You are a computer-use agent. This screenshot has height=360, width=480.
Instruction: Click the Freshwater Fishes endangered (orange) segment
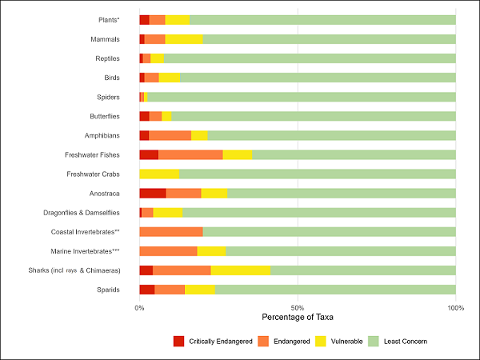[x=190, y=154]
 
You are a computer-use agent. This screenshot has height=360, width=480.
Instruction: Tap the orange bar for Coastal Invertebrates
[x=170, y=232]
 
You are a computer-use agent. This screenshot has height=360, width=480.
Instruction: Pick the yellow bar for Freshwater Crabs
[x=158, y=174]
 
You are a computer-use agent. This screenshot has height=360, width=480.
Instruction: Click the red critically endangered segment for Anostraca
[x=152, y=193]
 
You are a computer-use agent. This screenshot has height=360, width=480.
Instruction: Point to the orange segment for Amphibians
[x=170, y=135]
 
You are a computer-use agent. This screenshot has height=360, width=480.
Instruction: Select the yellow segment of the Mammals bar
[x=183, y=38]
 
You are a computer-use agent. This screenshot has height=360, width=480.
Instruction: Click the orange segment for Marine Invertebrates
[x=168, y=251]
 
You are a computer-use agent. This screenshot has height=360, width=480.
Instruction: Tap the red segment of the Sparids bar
[x=146, y=290]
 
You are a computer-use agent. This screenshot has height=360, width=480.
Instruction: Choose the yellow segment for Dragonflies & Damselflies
[x=167, y=212]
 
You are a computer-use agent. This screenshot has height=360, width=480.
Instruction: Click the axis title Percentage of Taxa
[x=298, y=318]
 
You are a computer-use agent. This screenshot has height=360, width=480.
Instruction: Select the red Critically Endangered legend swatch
[x=178, y=342]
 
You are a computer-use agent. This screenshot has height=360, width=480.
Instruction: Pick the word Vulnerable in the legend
[x=345, y=342]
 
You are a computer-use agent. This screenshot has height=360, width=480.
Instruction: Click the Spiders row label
[x=108, y=97]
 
